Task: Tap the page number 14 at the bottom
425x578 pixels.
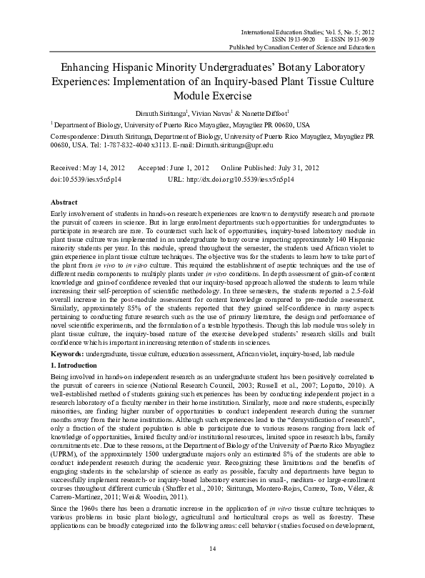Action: click(212, 547)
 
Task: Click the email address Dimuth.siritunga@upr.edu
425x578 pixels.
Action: click(234, 145)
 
